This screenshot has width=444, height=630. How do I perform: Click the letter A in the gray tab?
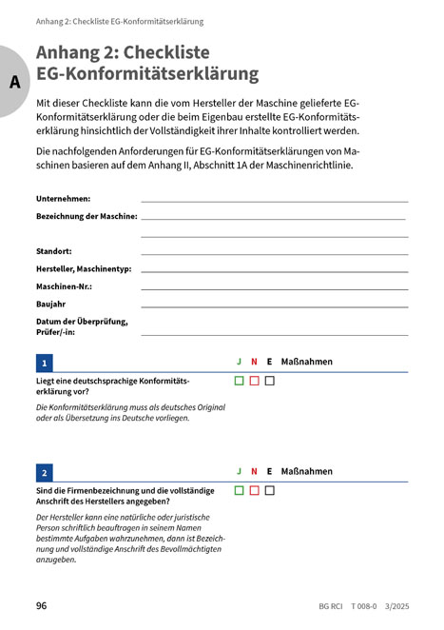(13, 82)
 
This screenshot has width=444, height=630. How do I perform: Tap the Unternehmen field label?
(63, 198)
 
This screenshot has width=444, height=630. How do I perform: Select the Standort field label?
(54, 251)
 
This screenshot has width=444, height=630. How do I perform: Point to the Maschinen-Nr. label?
(69, 286)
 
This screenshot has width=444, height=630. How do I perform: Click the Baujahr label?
(52, 305)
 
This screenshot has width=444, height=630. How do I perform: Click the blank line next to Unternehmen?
(274, 201)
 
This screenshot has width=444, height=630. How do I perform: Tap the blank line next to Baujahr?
(274, 307)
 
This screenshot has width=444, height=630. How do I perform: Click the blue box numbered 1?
(45, 363)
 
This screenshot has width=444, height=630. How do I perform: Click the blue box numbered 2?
(45, 472)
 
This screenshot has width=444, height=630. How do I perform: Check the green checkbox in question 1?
(240, 382)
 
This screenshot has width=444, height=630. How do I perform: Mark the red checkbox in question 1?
(254, 382)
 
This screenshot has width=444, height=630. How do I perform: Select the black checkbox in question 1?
(269, 382)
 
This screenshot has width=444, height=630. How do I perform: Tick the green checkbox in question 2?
(240, 491)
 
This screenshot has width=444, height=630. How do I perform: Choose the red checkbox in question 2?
(254, 491)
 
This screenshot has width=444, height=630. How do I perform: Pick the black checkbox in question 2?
(269, 491)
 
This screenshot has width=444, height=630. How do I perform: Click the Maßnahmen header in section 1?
(307, 362)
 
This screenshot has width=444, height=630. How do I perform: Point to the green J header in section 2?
(240, 471)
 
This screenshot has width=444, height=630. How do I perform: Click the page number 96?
(42, 605)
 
